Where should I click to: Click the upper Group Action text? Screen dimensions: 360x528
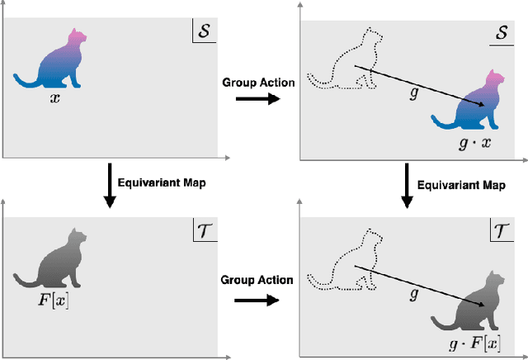[257, 82]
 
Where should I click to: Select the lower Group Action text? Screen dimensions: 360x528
[257, 280]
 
